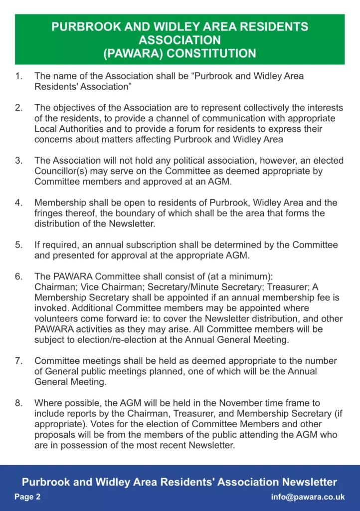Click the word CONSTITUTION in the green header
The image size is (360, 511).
click(x=214, y=53)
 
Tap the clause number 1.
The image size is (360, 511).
click(x=18, y=76)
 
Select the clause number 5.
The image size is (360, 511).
click(x=18, y=245)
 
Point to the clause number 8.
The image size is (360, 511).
click(x=18, y=403)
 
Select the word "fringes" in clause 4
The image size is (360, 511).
click(x=48, y=213)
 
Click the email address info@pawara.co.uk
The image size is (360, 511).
click(x=308, y=497)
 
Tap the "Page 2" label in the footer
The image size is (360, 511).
click(x=27, y=497)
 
